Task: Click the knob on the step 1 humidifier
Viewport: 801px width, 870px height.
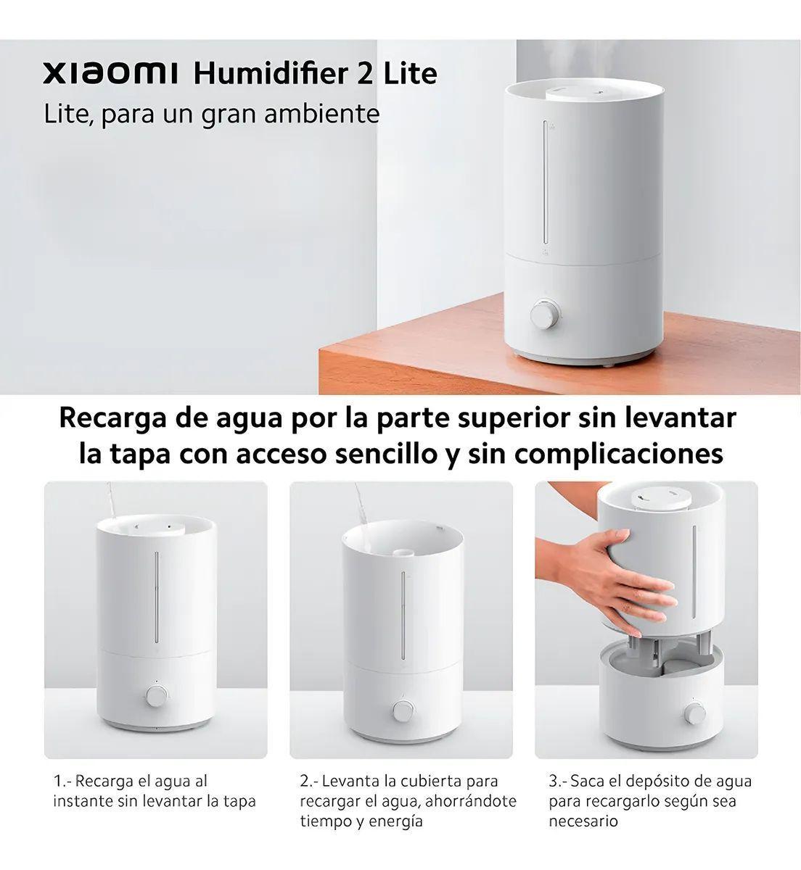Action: (155, 696)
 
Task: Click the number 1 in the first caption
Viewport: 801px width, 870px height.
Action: (58, 782)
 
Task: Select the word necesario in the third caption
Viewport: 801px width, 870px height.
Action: (583, 821)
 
